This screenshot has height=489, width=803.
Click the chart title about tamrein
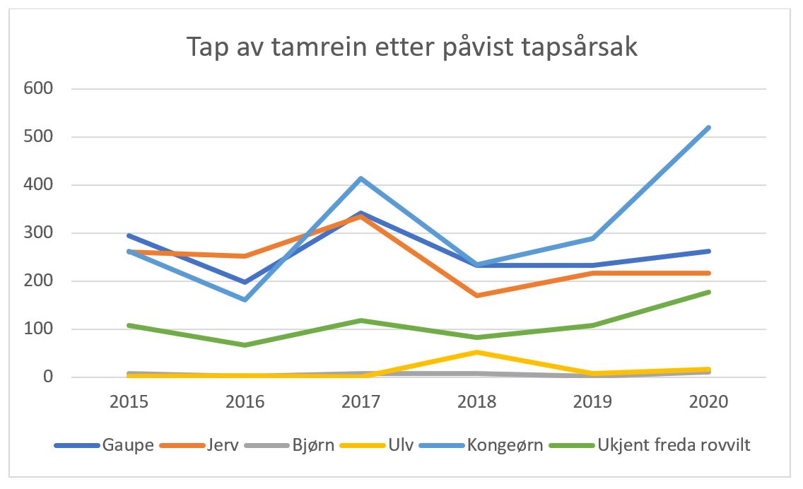click(412, 47)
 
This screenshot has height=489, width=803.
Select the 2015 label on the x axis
click(130, 403)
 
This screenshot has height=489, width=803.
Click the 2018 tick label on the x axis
click(478, 403)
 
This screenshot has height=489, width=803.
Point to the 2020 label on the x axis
click(709, 403)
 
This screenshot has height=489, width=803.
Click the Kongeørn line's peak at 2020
click(709, 128)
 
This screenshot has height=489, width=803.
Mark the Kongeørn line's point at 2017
click(362, 178)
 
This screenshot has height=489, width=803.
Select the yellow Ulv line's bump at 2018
click(478, 352)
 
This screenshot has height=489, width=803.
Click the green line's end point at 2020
click(709, 292)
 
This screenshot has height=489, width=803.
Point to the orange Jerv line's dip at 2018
click(478, 295)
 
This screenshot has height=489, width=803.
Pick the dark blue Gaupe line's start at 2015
click(130, 235)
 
